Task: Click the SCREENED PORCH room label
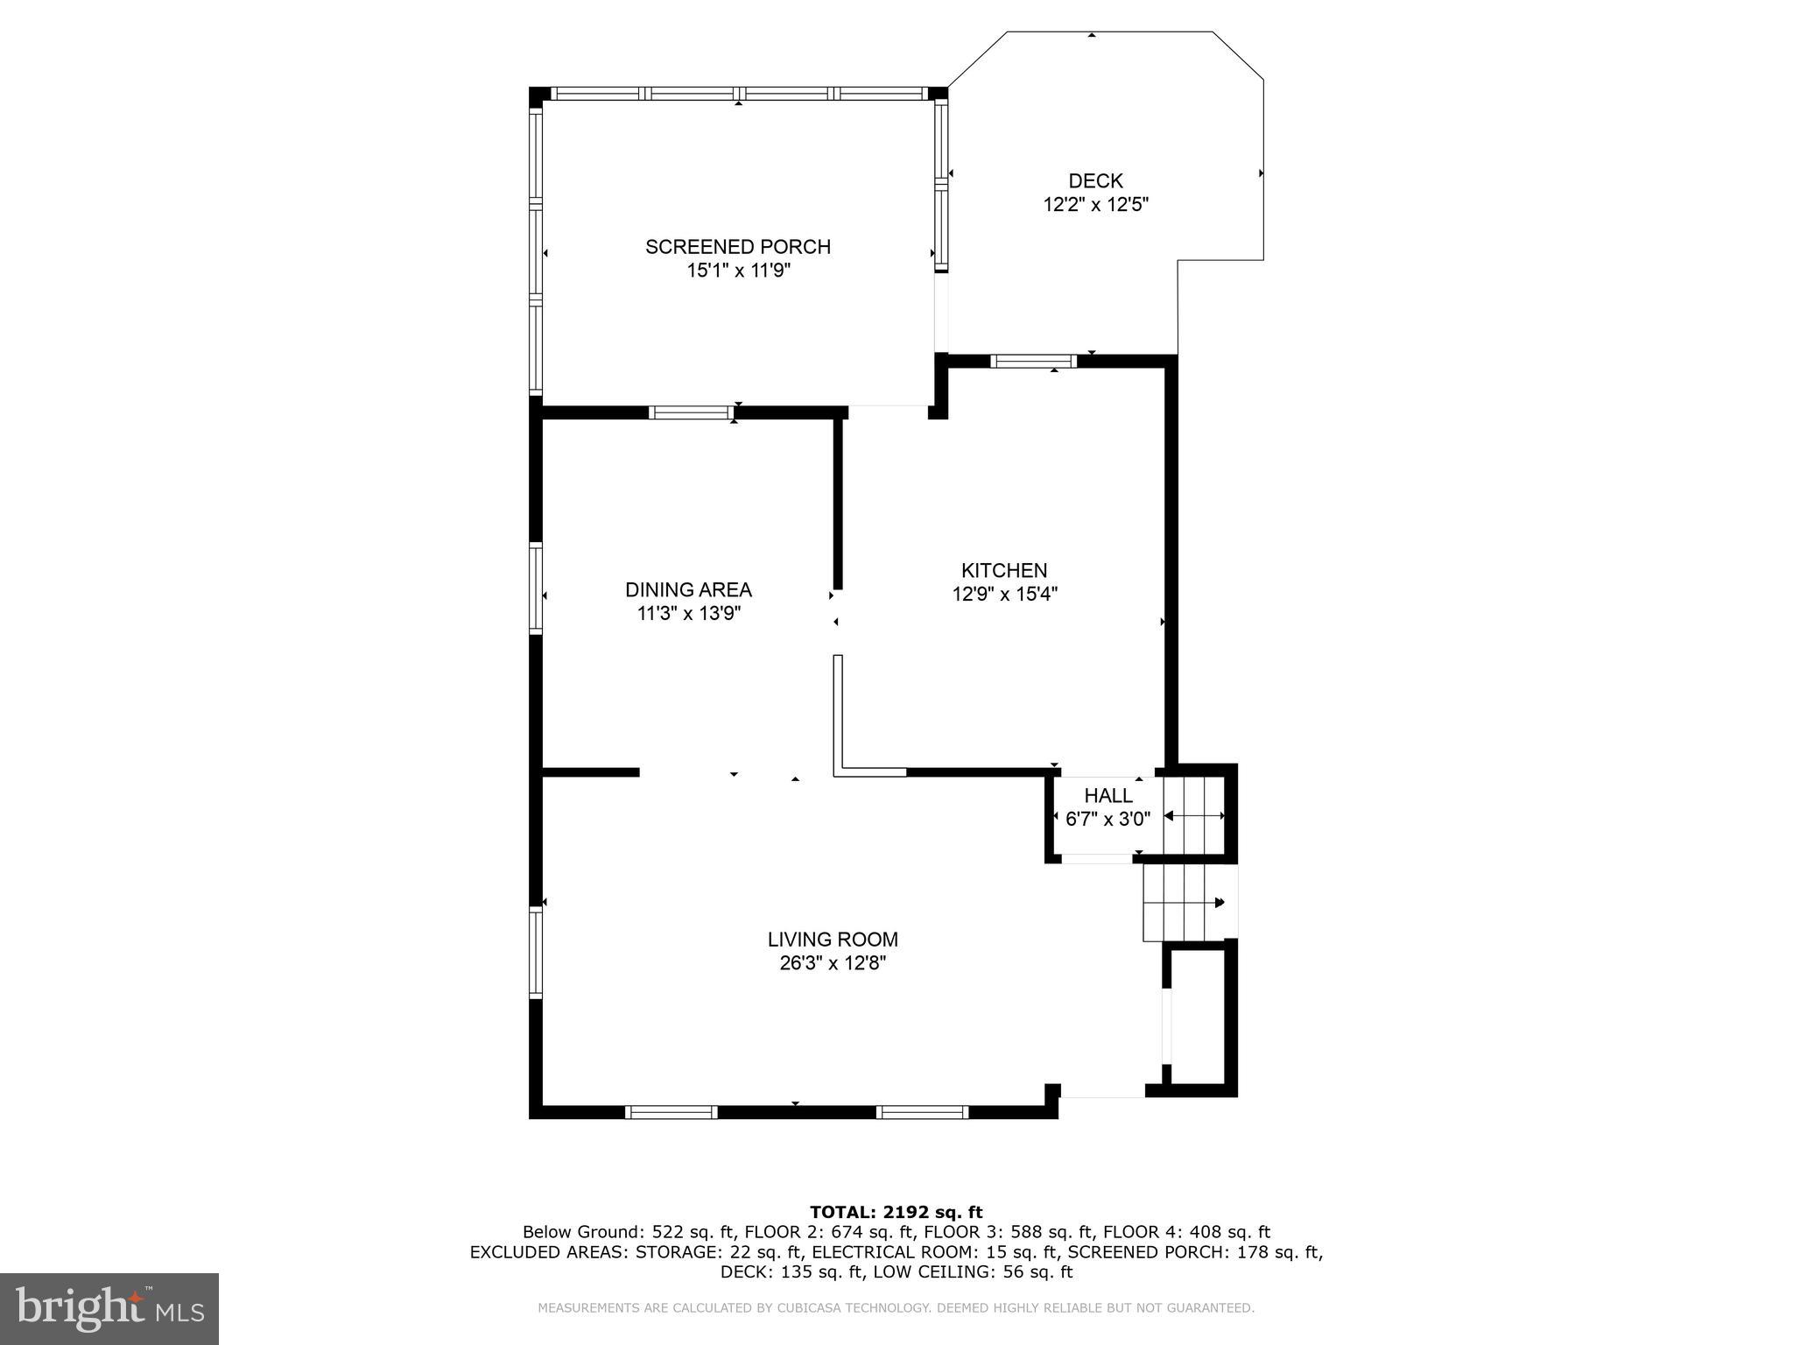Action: (x=738, y=247)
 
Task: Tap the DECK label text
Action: (x=1095, y=181)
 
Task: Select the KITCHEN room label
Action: (x=1004, y=570)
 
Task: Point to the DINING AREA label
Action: (x=688, y=589)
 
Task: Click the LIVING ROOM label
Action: (x=833, y=940)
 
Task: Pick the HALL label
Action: (x=1107, y=795)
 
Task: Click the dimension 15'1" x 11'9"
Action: (x=738, y=271)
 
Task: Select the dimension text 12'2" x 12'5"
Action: (x=1095, y=205)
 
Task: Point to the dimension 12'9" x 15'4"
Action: (x=1004, y=594)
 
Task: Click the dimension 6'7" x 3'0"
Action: (x=1107, y=819)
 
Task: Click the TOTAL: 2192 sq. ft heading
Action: (x=896, y=1212)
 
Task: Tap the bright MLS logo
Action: (x=109, y=1308)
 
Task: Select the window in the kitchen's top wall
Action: (x=1033, y=361)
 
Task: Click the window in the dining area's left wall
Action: (x=536, y=588)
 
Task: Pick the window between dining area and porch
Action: (x=691, y=412)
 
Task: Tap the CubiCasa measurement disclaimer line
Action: (x=896, y=1308)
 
